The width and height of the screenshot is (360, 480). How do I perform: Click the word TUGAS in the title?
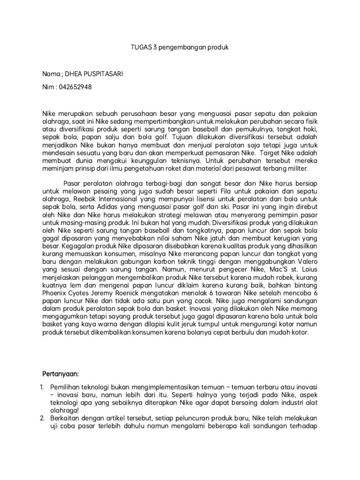point(138,48)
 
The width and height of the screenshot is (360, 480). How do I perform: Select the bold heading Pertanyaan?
point(60,375)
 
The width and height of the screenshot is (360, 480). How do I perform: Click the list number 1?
point(42,389)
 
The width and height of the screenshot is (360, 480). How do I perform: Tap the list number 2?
point(42,418)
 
